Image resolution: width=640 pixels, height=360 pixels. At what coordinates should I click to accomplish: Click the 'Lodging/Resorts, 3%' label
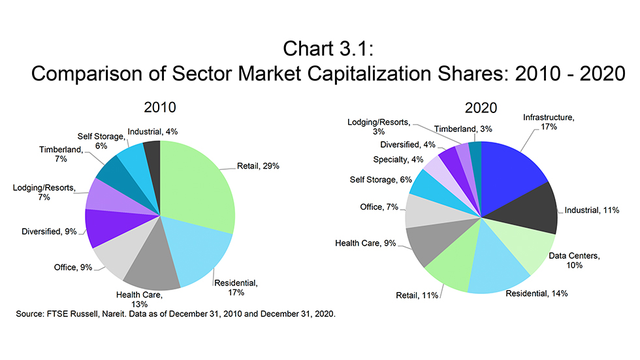379,127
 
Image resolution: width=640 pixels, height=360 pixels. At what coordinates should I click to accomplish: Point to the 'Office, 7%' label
379,206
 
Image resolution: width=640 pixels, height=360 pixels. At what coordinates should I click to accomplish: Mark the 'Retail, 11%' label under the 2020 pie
418,296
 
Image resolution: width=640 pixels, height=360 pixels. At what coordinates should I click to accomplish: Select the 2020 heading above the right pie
481,106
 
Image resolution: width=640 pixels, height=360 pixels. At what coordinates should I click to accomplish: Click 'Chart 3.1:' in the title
320,49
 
